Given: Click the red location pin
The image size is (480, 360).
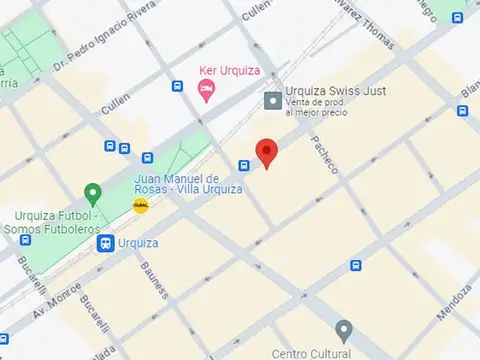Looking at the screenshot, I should pyautogui.click(x=266, y=152).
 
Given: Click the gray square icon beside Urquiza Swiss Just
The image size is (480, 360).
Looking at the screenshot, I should pyautogui.click(x=272, y=100).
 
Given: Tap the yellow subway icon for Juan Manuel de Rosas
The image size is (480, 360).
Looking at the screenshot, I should pyautogui.click(x=141, y=205).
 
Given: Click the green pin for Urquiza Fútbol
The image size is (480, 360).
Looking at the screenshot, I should pyautogui.click(x=93, y=193).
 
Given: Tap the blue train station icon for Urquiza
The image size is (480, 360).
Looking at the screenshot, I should pyautogui.click(x=105, y=243).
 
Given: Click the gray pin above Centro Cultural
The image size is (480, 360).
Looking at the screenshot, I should pyautogui.click(x=343, y=330).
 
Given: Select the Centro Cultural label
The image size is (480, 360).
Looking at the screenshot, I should pyautogui.click(x=311, y=353).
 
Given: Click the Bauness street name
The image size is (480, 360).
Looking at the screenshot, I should pyautogui.click(x=155, y=278).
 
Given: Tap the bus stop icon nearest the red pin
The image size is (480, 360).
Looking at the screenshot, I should pyautogui.click(x=244, y=165).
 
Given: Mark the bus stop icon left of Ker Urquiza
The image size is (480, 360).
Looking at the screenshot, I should pyautogui.click(x=177, y=86).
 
